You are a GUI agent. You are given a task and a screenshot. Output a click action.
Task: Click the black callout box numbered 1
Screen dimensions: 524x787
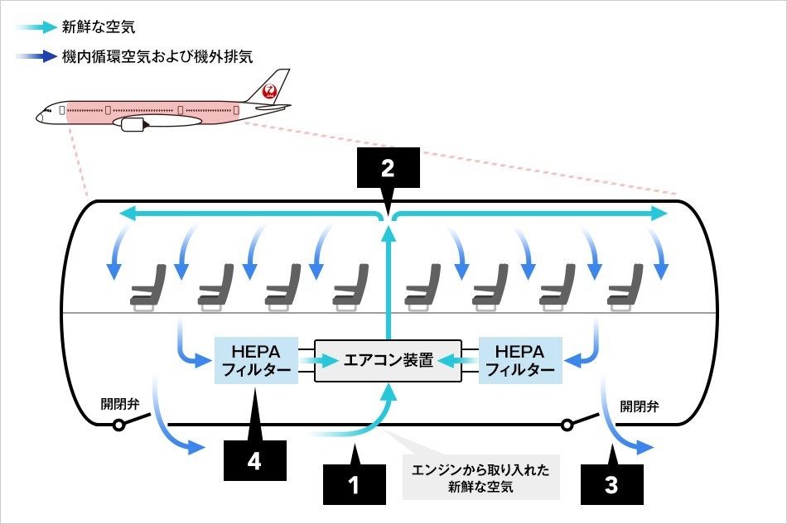pyautogui.click(x=355, y=484)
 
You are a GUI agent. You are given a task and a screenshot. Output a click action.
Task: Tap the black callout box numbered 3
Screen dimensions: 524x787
pyautogui.click(x=612, y=484)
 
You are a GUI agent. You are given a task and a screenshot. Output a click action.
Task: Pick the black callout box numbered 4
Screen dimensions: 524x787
pyautogui.click(x=254, y=460)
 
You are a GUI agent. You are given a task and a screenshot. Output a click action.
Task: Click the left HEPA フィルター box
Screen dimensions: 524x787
pyautogui.click(x=256, y=360)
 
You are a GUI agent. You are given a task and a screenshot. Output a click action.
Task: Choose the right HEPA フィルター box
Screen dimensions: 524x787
pyautogui.click(x=519, y=360)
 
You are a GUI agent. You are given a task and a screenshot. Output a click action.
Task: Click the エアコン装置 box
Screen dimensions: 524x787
pyautogui.click(x=389, y=361)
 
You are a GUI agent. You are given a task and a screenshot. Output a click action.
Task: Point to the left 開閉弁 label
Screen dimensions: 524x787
pyautogui.click(x=121, y=405)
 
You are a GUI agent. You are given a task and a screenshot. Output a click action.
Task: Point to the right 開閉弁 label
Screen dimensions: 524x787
pyautogui.click(x=640, y=406)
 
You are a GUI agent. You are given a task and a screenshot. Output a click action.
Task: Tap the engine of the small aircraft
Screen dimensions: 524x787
pyautogui.click(x=133, y=125)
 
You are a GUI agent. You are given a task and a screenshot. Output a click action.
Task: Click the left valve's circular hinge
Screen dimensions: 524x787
pyautogui.click(x=119, y=425)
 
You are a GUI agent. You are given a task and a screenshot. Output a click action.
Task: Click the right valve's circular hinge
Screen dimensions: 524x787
pyautogui.click(x=567, y=425)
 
